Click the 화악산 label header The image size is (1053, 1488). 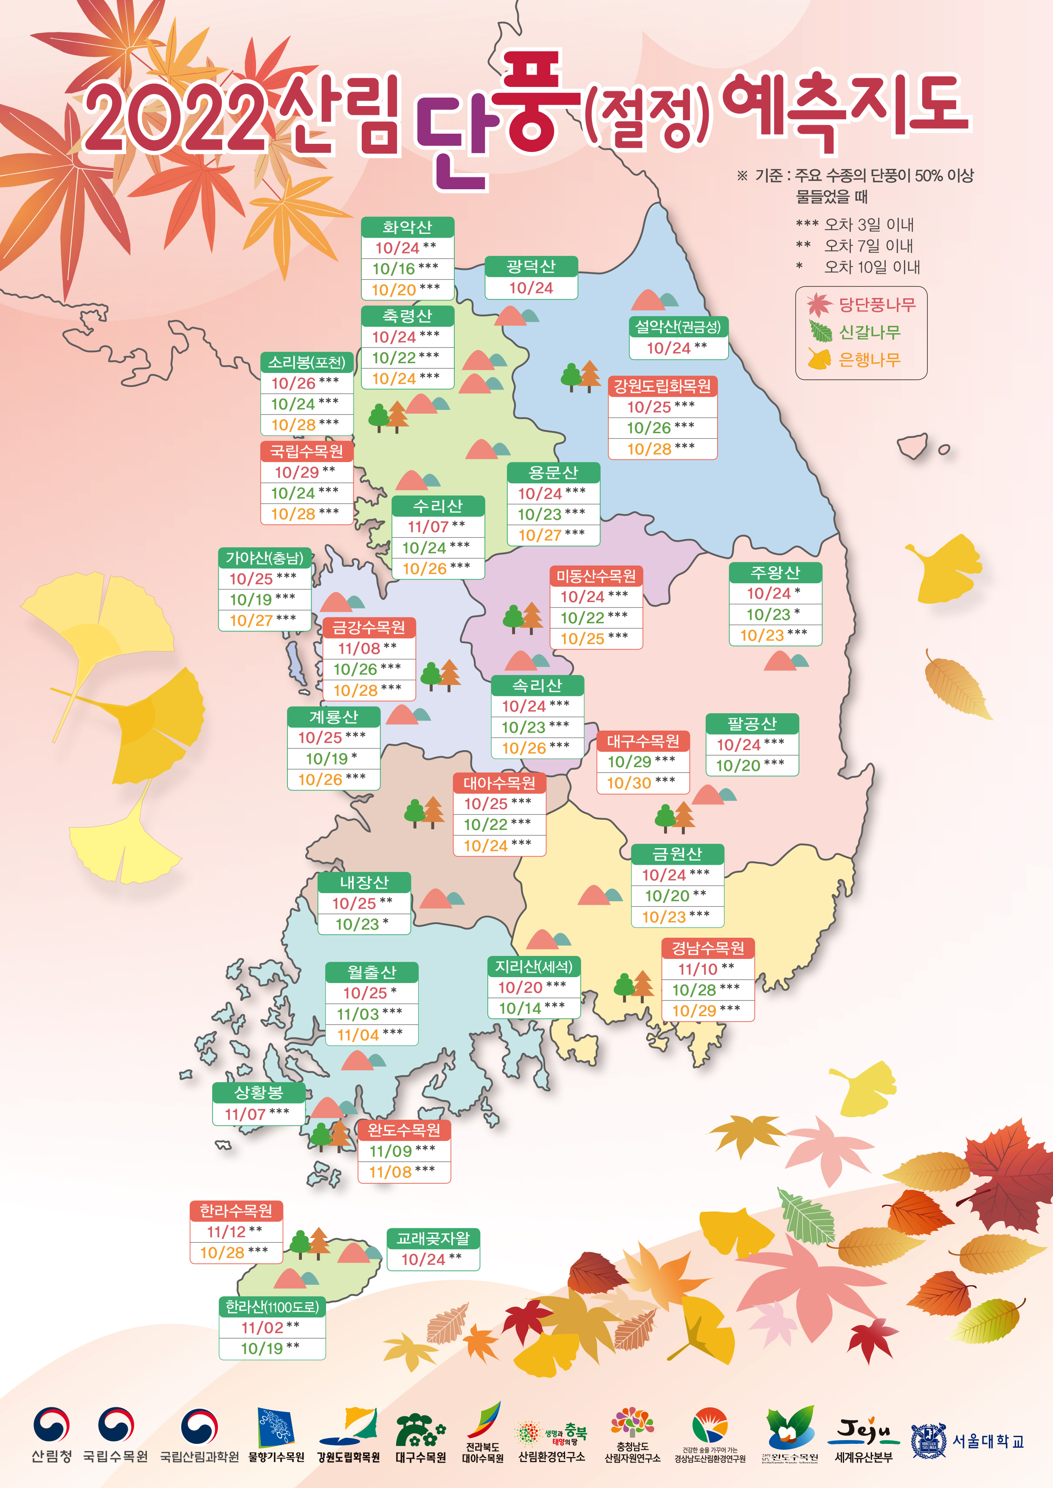click(407, 227)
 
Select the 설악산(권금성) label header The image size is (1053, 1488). click(678, 327)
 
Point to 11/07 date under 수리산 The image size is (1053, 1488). click(428, 526)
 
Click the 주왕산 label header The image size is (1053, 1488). click(775, 572)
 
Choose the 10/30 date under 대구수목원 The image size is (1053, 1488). click(629, 783)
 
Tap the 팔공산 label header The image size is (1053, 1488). click(752, 723)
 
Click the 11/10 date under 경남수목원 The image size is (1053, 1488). click(698, 969)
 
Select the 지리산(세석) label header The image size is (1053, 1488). click(534, 966)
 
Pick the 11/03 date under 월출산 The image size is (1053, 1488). click(358, 1014)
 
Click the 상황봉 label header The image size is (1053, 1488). click(259, 1093)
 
